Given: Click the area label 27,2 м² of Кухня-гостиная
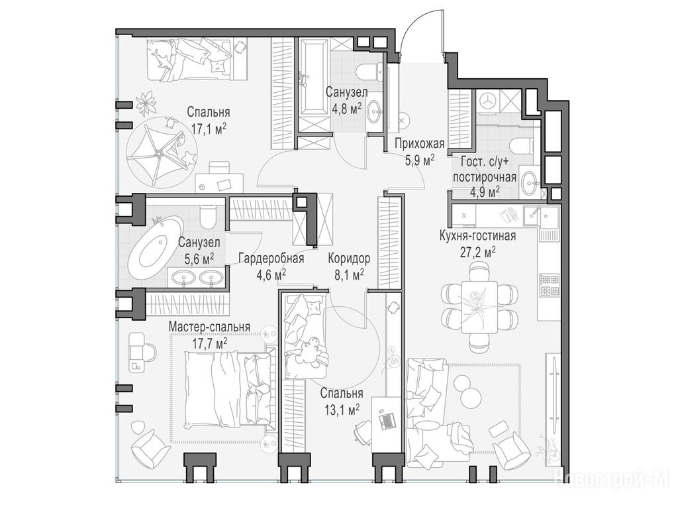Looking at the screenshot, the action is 478,251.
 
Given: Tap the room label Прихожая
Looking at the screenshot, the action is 419,143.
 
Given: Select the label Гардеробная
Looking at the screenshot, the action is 271,258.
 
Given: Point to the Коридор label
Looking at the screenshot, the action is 349,258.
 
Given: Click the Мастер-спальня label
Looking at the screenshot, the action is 209,327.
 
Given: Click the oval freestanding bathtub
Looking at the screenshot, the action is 156,247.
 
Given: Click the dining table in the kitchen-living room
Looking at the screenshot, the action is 479,307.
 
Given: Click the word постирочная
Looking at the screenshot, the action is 484,177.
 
